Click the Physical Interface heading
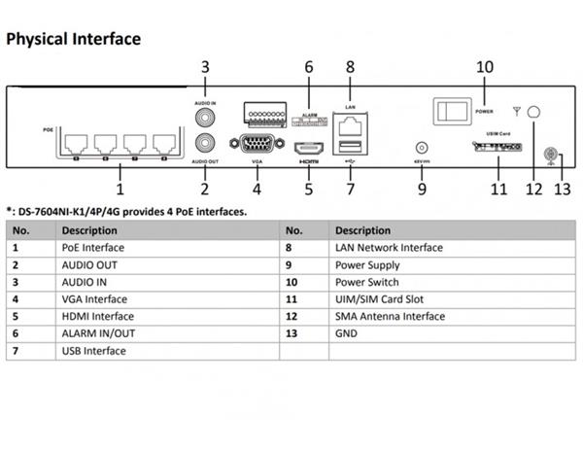point(74,39)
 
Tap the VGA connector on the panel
point(256,145)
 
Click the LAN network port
point(350,124)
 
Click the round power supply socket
point(422,143)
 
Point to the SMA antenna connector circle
point(532,112)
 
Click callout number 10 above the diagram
point(484,67)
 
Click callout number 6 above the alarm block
point(309,67)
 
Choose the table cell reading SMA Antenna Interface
point(390,316)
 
